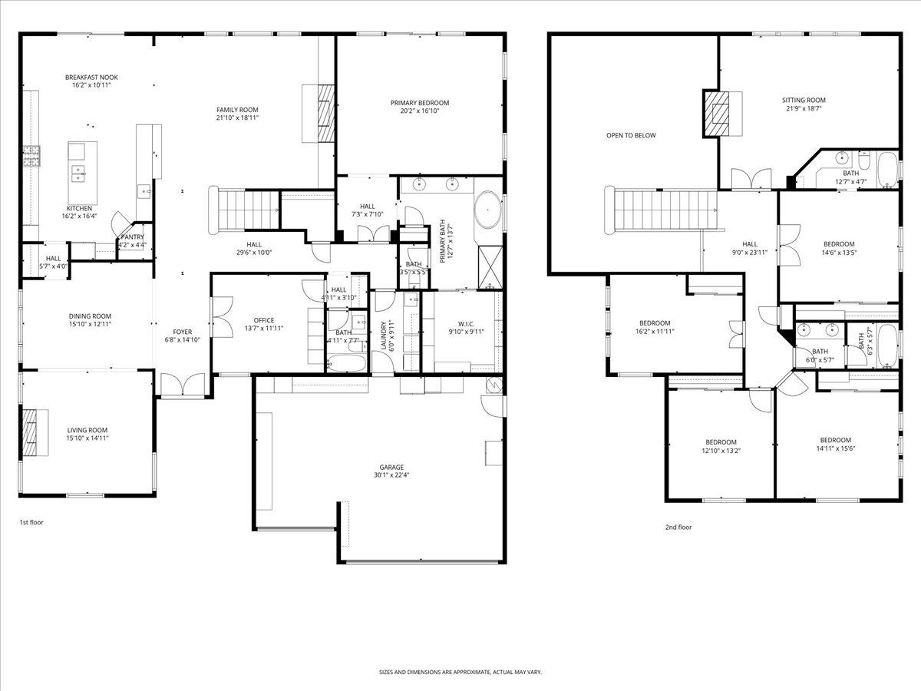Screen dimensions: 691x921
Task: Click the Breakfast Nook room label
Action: [91, 78]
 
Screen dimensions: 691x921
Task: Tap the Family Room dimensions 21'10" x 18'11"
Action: [237, 118]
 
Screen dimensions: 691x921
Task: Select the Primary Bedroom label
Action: [419, 103]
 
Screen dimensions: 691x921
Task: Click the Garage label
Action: [391, 467]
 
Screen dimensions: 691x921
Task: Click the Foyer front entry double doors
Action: [183, 385]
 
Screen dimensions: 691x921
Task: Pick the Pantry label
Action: [132, 237]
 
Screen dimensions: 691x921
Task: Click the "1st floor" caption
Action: [31, 522]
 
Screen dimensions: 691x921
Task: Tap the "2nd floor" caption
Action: [678, 527]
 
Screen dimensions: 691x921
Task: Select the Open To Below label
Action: [631, 136]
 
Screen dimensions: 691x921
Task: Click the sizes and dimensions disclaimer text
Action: [460, 672]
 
